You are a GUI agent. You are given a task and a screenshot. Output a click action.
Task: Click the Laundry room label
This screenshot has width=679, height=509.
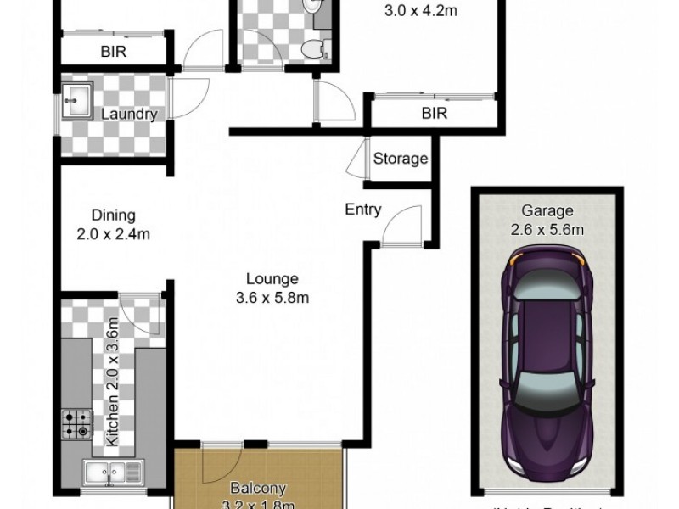[130, 115]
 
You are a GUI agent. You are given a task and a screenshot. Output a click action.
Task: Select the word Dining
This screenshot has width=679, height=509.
[114, 216]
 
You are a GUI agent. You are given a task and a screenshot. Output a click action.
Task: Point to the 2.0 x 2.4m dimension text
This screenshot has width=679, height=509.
[114, 234]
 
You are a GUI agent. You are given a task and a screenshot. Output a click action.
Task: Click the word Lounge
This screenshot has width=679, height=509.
[272, 278]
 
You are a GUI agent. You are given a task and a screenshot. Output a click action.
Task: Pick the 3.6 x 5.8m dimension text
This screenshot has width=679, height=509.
[272, 297]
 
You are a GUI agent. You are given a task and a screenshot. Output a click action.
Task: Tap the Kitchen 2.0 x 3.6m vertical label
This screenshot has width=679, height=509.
[110, 391]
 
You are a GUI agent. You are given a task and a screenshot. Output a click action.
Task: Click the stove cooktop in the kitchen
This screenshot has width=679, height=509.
[76, 424]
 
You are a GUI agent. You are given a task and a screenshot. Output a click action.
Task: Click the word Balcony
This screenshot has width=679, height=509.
[259, 489]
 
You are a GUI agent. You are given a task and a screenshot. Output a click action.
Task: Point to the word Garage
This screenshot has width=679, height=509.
[547, 211]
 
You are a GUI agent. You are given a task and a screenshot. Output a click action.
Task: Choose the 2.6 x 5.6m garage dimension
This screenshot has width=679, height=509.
[547, 229]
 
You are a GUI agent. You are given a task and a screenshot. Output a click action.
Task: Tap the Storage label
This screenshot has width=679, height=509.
[401, 159]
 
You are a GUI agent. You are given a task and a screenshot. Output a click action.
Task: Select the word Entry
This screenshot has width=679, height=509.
[363, 210]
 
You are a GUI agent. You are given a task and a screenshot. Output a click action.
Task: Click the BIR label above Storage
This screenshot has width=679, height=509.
[434, 113]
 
